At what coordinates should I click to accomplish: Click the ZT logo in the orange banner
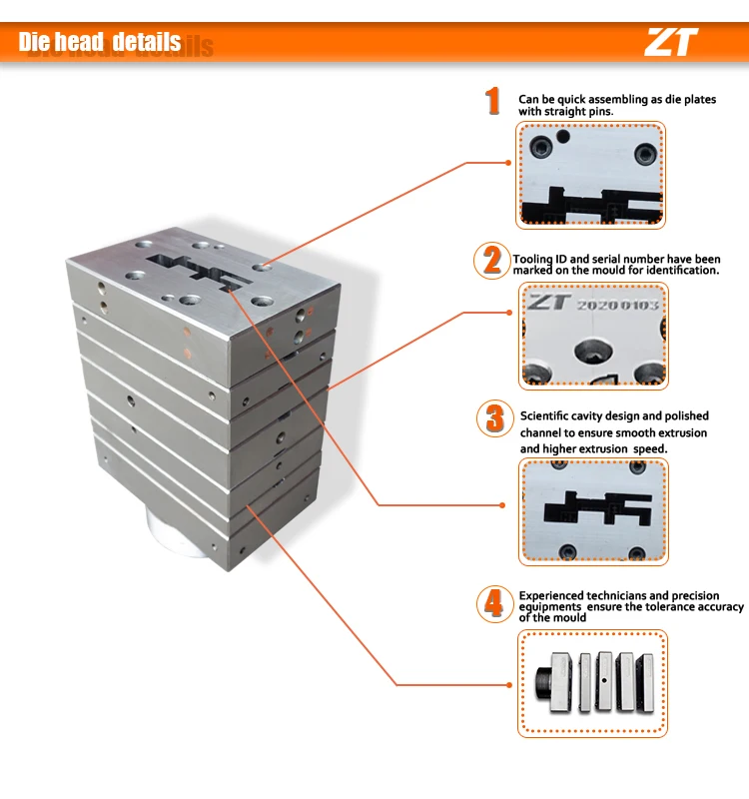pyautogui.click(x=670, y=42)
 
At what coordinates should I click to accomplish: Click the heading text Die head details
pyautogui.click(x=99, y=42)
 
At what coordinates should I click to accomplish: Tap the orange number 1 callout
pyautogui.click(x=492, y=101)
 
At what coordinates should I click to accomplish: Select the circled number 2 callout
pyautogui.click(x=491, y=261)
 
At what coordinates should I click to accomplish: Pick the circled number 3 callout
pyautogui.click(x=494, y=418)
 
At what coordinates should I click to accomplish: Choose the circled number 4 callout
pyautogui.click(x=494, y=604)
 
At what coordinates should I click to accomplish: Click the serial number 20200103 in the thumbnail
pyautogui.click(x=617, y=305)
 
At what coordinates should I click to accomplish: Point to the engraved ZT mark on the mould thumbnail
pyautogui.click(x=547, y=303)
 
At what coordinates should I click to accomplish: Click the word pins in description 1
pyautogui.click(x=602, y=111)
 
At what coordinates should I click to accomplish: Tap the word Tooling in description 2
pyautogui.click(x=532, y=259)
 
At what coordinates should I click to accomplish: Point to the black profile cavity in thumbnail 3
pyautogui.click(x=597, y=507)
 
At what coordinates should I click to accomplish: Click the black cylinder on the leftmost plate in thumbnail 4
pyautogui.click(x=542, y=683)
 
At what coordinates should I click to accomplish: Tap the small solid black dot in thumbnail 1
pyautogui.click(x=563, y=137)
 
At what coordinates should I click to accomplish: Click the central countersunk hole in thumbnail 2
pyautogui.click(x=593, y=352)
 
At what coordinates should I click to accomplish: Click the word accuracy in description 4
pyautogui.click(x=720, y=606)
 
